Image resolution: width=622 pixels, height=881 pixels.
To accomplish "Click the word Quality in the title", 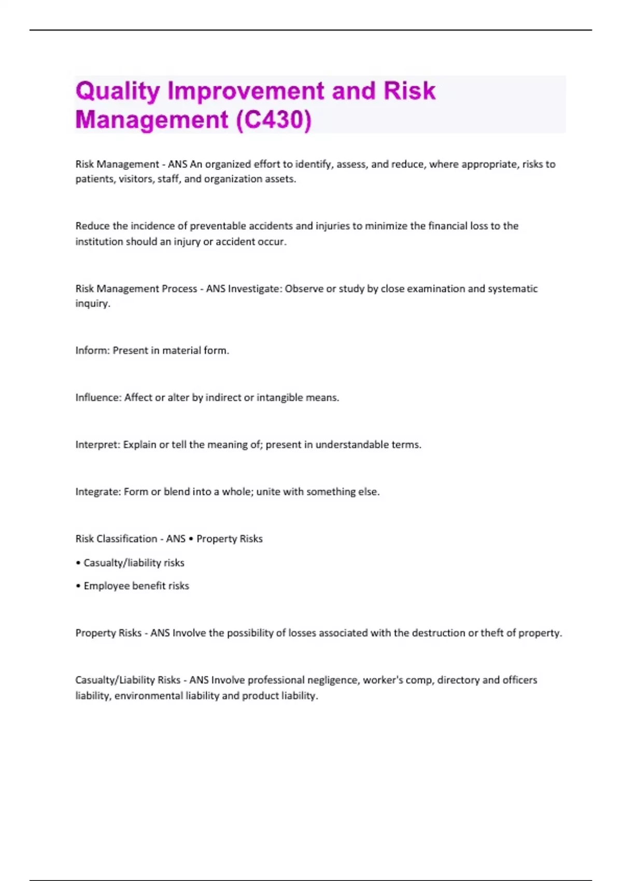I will (x=118, y=92).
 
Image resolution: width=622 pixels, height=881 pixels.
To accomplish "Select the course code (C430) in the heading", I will (x=273, y=120).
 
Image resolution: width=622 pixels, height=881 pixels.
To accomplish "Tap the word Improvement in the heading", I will (x=246, y=92).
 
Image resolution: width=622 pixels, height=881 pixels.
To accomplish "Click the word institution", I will (x=99, y=241).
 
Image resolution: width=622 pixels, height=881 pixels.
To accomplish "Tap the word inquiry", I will (x=92, y=304).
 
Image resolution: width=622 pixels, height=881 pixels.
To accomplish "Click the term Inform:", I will (x=92, y=350).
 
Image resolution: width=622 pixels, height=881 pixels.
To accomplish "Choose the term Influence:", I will (x=98, y=397).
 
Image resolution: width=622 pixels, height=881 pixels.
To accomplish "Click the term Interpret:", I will (x=97, y=445).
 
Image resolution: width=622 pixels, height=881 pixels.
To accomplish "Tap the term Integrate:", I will (x=98, y=492).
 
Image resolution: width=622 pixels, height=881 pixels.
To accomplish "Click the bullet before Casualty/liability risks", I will (x=78, y=563).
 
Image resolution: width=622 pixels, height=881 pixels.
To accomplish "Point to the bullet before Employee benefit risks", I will (x=78, y=586).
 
